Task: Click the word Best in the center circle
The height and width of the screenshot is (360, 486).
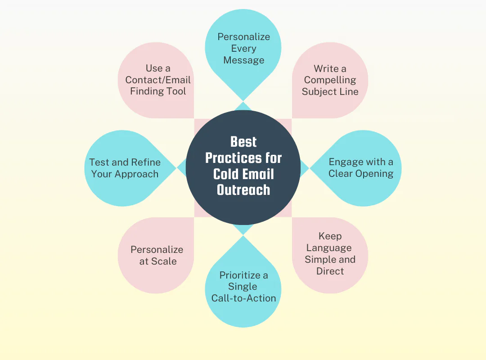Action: pyautogui.click(x=243, y=142)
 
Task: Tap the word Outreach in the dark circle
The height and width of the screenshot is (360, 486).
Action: pyautogui.click(x=243, y=189)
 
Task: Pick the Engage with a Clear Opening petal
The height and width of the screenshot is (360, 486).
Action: pyautogui.click(x=360, y=168)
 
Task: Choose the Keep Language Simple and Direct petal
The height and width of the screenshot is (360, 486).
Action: pyautogui.click(x=330, y=254)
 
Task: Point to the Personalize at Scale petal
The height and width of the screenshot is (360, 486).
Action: pyautogui.click(x=157, y=255)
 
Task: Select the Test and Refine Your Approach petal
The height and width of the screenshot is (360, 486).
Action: pyautogui.click(x=125, y=168)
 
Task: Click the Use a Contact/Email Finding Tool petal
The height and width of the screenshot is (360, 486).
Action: pyautogui.click(x=157, y=80)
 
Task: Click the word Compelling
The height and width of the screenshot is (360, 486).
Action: pyautogui.click(x=330, y=80)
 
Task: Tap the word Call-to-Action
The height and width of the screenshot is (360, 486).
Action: pyautogui.click(x=243, y=298)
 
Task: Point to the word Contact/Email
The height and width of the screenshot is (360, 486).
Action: pyautogui.click(x=158, y=80)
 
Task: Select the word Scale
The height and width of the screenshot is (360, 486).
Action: pyautogui.click(x=164, y=261)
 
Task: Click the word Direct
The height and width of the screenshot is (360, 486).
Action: pyautogui.click(x=330, y=271)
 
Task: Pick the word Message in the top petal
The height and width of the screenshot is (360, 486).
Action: pyautogui.click(x=243, y=60)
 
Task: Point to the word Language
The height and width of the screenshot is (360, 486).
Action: pyautogui.click(x=329, y=248)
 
